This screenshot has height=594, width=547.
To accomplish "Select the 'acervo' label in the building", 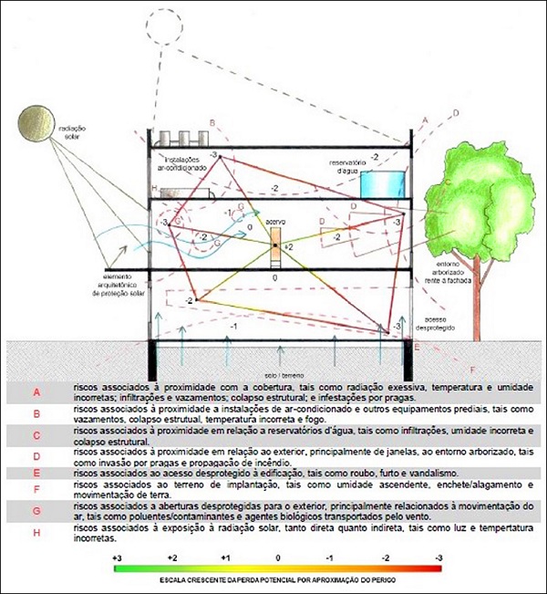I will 275,222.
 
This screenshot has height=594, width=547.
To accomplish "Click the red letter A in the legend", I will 37,392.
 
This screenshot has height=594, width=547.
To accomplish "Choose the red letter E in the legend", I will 37,474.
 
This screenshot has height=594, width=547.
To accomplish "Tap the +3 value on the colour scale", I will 117,557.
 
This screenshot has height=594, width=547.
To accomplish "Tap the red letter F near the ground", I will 471,369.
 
